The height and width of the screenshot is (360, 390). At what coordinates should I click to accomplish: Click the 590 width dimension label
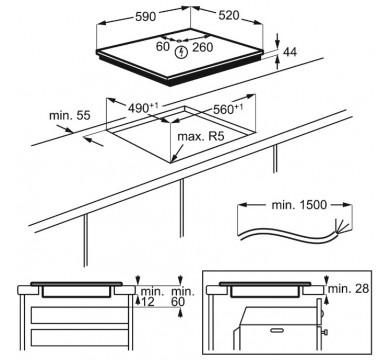click(146, 16)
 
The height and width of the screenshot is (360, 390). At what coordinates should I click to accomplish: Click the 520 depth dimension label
click(229, 15)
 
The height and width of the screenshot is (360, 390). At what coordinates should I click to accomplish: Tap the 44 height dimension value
click(290, 52)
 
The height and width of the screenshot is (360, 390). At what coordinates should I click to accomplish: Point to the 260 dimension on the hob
click(202, 47)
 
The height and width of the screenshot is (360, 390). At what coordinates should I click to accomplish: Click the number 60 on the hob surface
click(163, 46)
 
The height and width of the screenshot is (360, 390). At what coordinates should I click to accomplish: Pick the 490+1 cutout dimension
click(143, 107)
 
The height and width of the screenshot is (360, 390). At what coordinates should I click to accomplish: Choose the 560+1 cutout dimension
click(228, 108)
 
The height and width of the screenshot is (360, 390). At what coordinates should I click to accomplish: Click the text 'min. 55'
click(70, 115)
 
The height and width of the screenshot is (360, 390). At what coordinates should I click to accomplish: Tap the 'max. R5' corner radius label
click(201, 136)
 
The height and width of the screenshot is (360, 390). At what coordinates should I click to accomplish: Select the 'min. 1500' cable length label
click(299, 205)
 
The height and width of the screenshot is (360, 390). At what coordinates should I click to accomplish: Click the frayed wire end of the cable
click(342, 228)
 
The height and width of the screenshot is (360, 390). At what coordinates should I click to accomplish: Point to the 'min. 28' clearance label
click(349, 289)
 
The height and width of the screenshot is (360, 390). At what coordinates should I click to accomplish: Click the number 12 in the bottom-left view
click(148, 302)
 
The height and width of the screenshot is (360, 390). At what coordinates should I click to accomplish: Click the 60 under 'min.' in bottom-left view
click(178, 302)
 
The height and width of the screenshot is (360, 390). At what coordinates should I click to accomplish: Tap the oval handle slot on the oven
click(277, 330)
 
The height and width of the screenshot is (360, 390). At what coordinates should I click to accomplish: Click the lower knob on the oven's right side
click(324, 332)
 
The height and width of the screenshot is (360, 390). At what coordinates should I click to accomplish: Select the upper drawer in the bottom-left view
click(80, 315)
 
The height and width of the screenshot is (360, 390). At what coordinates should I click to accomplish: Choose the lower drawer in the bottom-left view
click(80, 339)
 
